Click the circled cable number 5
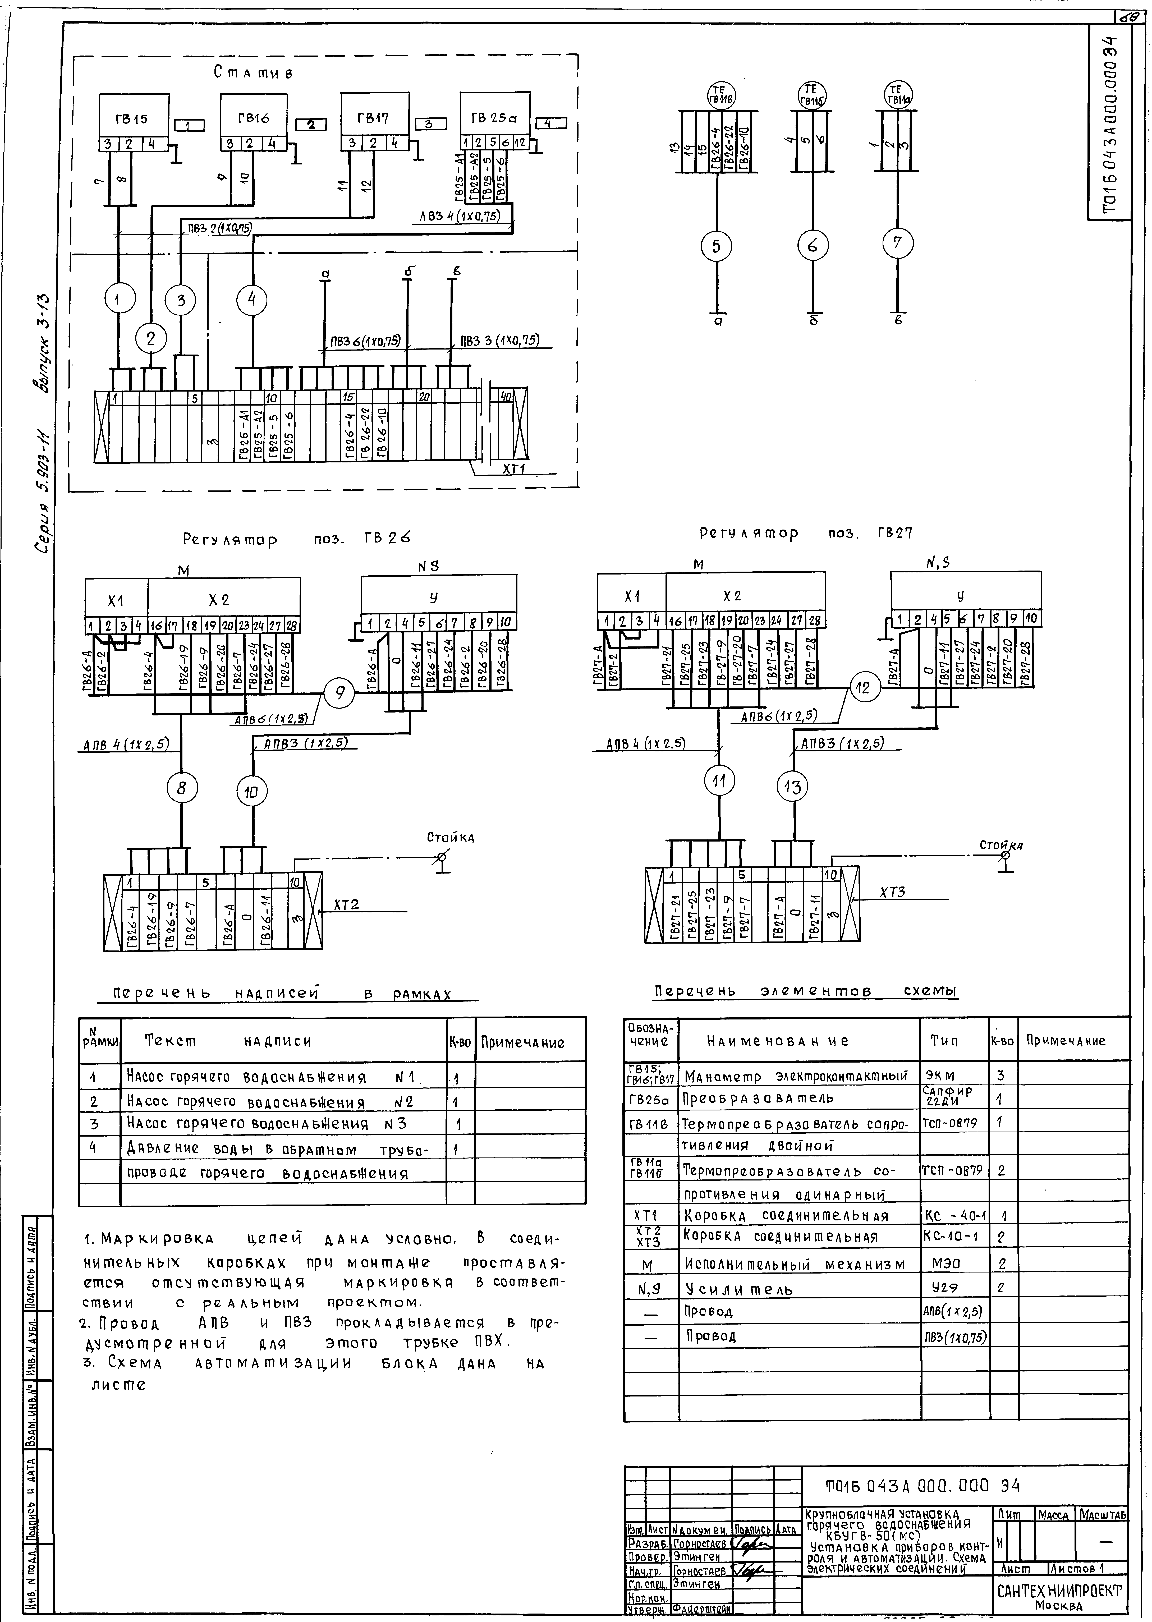point(716,246)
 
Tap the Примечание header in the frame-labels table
point(523,1042)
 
